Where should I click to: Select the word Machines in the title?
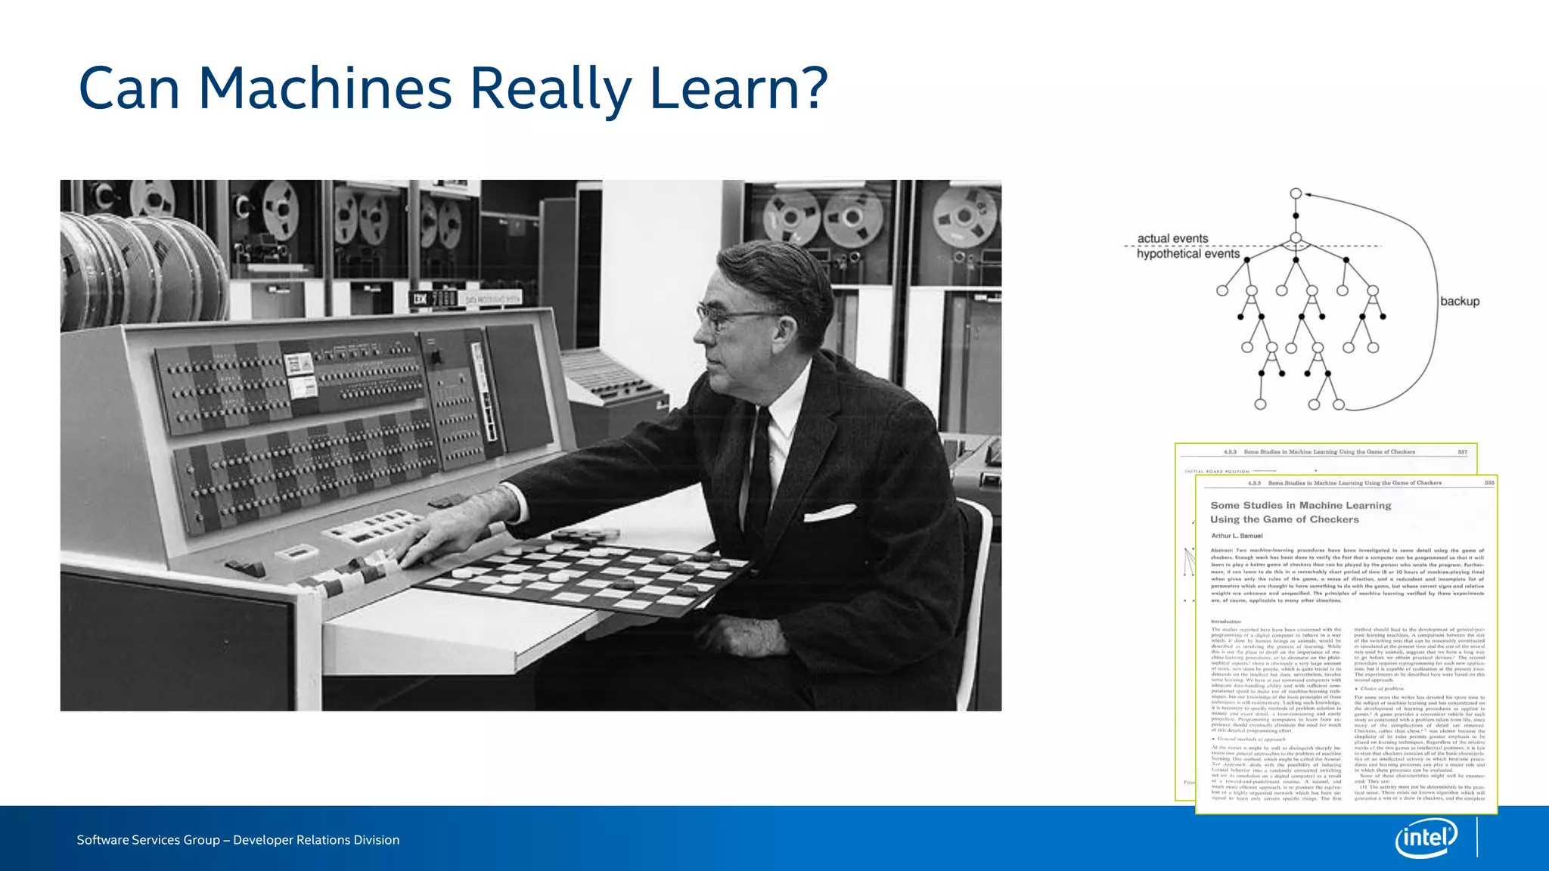[x=325, y=88]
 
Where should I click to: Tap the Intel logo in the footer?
[x=1426, y=838]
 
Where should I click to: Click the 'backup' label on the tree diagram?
[x=1459, y=301]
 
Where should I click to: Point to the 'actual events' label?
[x=1172, y=238]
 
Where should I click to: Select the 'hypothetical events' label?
[x=1187, y=254]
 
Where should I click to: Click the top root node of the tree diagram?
[x=1296, y=194]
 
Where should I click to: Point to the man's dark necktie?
[x=760, y=461]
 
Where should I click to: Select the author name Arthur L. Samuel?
[x=1237, y=535]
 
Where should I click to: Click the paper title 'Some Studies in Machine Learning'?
[x=1300, y=505]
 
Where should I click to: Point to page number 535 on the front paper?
[x=1488, y=482]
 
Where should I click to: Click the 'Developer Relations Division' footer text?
[x=316, y=840]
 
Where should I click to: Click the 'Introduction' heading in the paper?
[x=1226, y=621]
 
